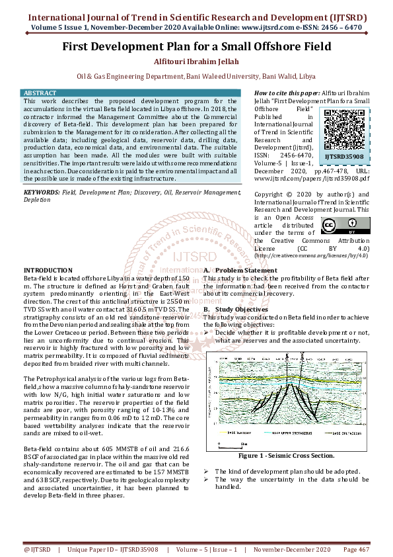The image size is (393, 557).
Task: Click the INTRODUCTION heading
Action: point(48,271)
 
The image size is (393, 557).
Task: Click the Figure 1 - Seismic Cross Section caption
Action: point(286,456)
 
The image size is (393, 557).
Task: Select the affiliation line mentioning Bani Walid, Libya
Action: point(196,76)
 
